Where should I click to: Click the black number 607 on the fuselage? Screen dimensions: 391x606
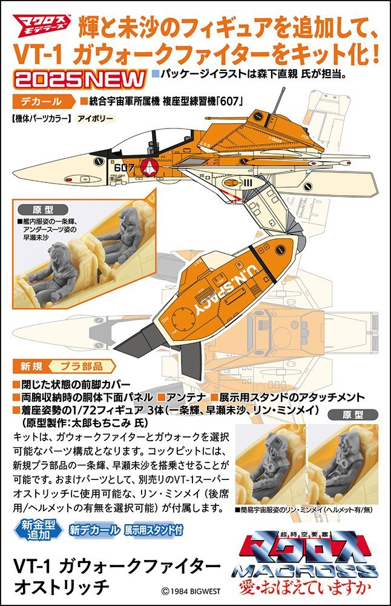point(124,167)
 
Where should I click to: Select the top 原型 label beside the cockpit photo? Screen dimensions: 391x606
point(43,210)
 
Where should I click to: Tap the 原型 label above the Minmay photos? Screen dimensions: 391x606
point(353,415)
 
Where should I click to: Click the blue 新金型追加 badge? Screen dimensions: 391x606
point(38,529)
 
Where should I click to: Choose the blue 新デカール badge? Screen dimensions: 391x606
point(94,530)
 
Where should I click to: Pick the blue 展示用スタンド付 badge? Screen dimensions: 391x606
point(154,530)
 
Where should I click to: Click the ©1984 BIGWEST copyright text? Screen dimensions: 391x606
point(191,591)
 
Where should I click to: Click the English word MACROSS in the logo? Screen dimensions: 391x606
point(305,571)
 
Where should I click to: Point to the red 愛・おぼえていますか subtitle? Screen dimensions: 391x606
point(305,587)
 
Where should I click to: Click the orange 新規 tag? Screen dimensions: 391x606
point(31,366)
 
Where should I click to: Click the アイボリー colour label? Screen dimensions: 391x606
point(96,118)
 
